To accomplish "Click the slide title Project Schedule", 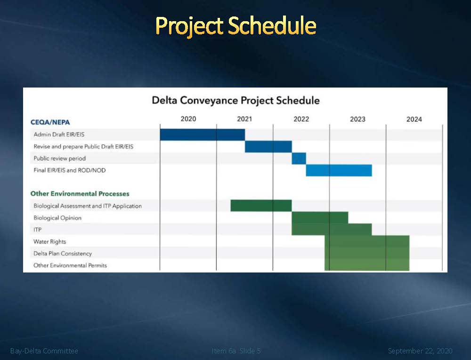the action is [236, 26].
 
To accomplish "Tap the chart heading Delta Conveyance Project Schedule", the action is [235, 100].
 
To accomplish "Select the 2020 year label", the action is [188, 119].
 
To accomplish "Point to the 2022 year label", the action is [301, 119].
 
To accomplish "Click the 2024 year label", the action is [414, 120].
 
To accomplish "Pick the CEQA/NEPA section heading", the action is [50, 122].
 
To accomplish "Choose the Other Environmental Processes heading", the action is [80, 194].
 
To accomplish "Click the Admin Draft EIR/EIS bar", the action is [203, 135].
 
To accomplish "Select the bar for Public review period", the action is [299, 159].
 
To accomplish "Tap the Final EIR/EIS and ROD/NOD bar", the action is [339, 170].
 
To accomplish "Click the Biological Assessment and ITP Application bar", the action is [261, 206].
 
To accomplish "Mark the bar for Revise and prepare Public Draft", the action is [268, 147].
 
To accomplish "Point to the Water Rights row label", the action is [50, 241].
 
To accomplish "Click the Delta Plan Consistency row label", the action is [63, 254].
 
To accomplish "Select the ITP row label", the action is [38, 230].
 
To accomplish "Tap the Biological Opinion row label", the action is [57, 218].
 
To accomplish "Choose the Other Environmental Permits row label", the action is [70, 265].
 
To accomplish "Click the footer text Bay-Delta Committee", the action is [44, 351].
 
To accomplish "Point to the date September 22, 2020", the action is [420, 351].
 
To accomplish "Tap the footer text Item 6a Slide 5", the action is [236, 351].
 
